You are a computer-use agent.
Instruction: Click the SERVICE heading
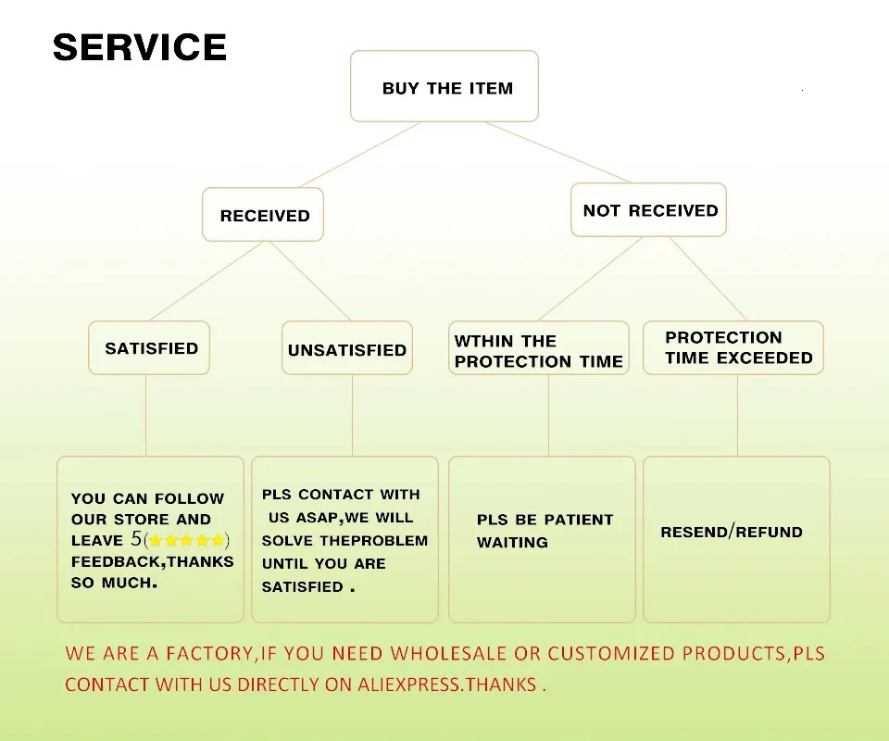[x=139, y=47]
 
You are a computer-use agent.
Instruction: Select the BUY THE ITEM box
[x=444, y=87]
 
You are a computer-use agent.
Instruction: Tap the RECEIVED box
[x=264, y=215]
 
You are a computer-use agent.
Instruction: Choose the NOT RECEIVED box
[x=649, y=210]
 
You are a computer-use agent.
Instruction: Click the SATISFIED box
[x=150, y=348]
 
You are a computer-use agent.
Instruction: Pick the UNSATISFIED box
[x=346, y=349]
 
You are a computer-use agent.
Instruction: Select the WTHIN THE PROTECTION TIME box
[x=538, y=350]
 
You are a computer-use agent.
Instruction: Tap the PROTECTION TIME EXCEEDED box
[x=732, y=347]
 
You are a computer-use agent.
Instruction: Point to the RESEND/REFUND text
[x=731, y=533]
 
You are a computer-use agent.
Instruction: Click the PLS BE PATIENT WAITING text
[x=545, y=531]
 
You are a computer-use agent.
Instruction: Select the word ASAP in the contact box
[x=317, y=518]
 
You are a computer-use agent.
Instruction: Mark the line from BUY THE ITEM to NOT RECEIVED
[x=557, y=152]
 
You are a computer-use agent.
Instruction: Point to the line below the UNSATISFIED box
[x=352, y=415]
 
